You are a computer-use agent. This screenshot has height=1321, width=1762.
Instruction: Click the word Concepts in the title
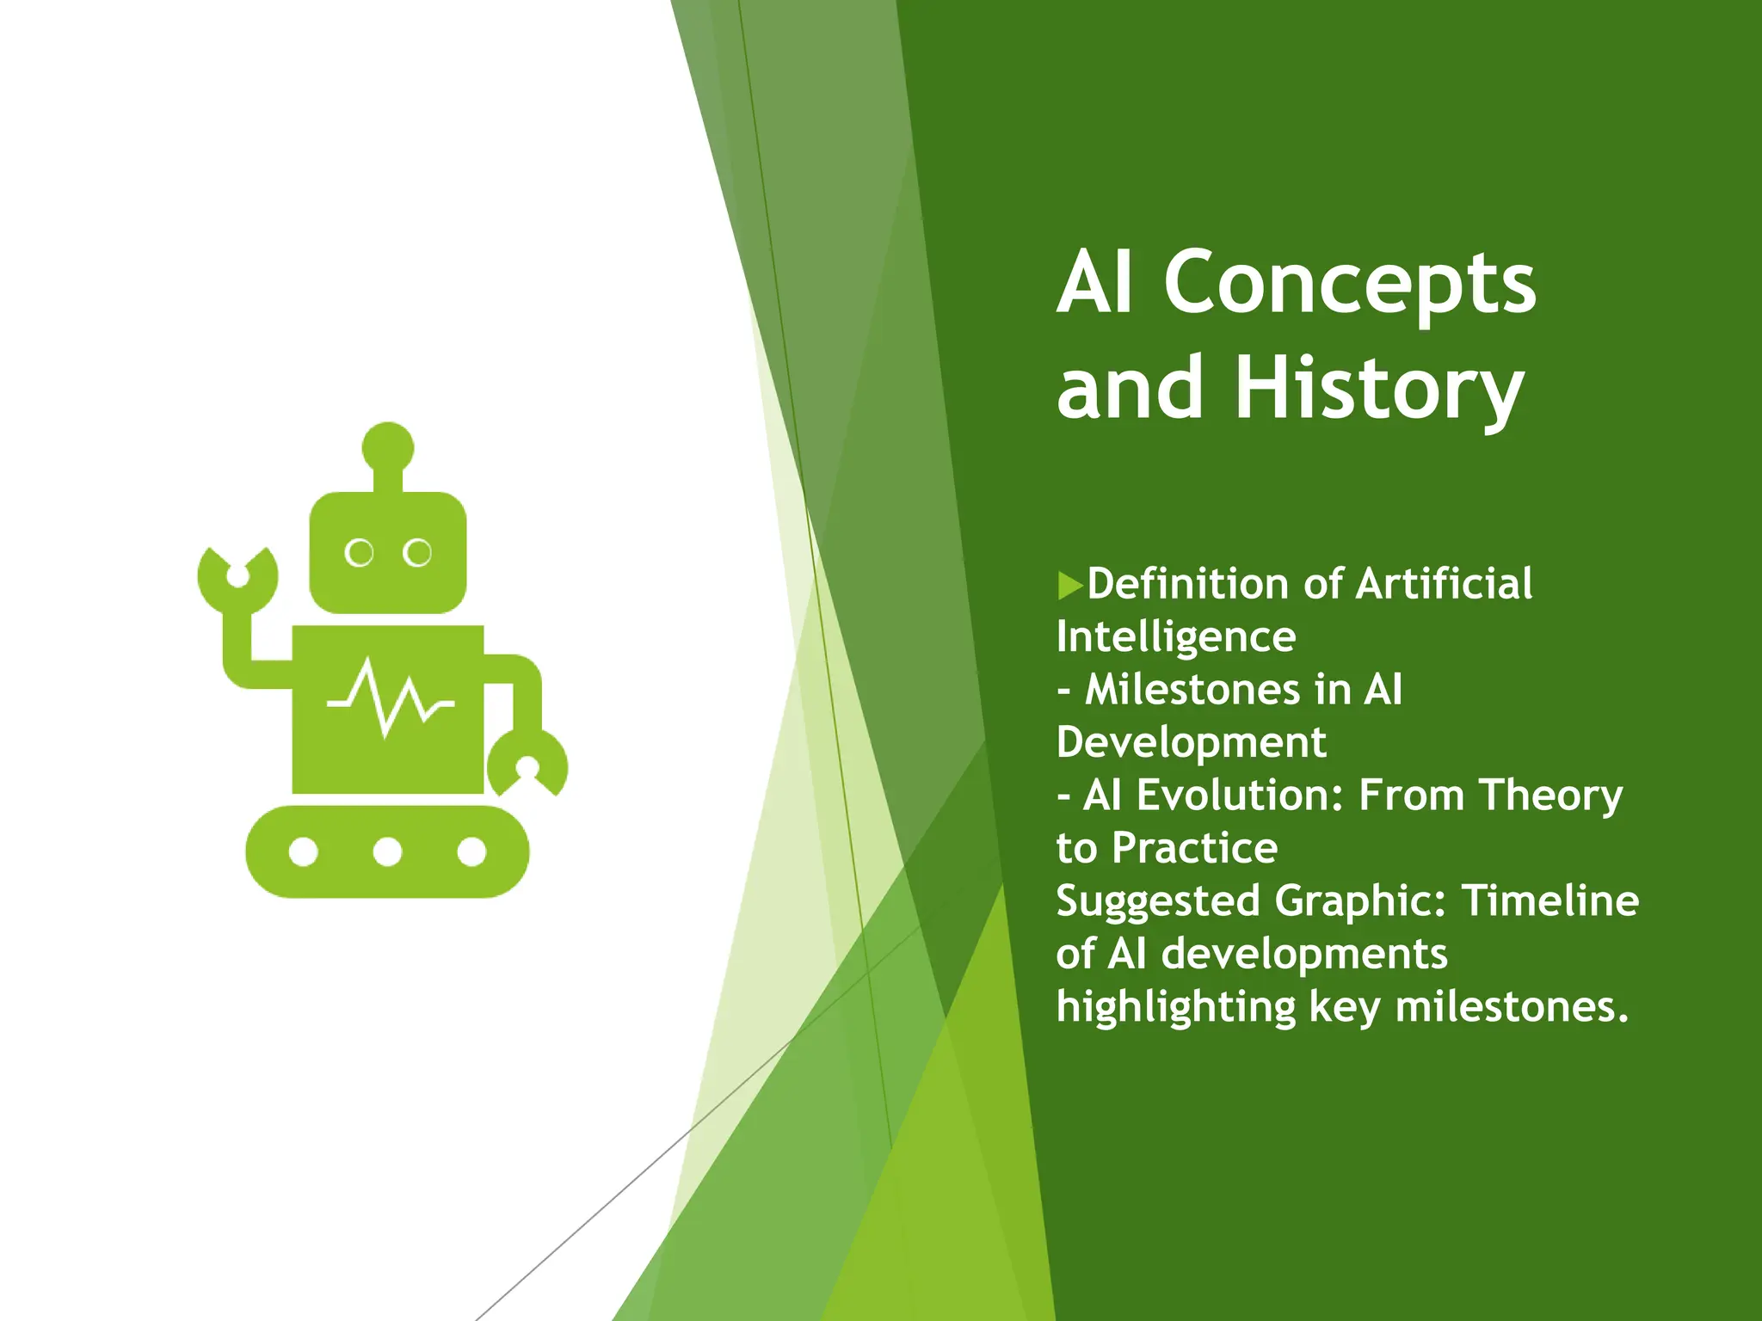1349,284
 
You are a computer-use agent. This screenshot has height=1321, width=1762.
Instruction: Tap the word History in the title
1379,389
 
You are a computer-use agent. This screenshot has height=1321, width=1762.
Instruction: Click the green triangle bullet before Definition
1069,585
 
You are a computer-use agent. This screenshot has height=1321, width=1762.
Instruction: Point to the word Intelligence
1175,637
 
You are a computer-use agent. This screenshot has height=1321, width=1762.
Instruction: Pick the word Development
1191,742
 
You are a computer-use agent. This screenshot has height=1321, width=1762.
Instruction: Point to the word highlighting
1175,1007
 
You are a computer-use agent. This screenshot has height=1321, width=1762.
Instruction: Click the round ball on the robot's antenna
388,447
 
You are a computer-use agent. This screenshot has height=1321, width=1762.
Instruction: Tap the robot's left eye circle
359,553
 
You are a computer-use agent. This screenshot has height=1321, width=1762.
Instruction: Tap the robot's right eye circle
417,553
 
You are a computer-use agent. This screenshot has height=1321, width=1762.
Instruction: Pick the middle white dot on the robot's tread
387,852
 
